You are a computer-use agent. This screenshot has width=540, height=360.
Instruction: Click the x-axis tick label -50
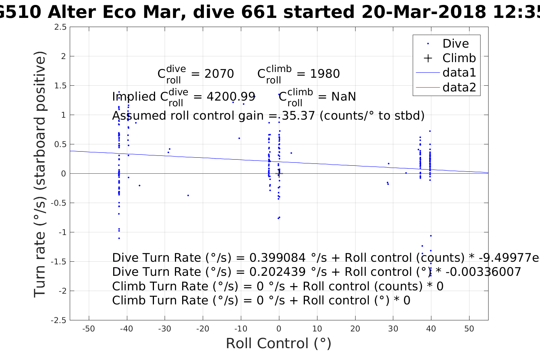[88, 329]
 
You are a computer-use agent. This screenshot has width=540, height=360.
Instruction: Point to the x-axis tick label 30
[393, 329]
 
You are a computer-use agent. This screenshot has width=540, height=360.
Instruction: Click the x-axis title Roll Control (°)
[279, 344]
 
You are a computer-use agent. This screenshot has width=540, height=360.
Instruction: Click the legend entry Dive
[455, 44]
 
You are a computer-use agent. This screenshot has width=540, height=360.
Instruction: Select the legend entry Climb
[459, 58]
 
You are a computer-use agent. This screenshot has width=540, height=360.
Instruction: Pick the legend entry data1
[459, 73]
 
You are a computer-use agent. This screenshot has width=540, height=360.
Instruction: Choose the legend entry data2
[459, 88]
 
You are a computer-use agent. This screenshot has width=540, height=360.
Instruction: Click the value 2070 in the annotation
[219, 74]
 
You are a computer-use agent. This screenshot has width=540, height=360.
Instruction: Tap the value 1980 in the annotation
[325, 74]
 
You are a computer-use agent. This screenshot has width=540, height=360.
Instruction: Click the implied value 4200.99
[231, 97]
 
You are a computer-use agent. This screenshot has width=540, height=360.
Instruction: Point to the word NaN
[343, 97]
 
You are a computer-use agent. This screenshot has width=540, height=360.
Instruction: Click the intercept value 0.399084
[277, 258]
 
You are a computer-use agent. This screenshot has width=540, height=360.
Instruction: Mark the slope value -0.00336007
[478, 272]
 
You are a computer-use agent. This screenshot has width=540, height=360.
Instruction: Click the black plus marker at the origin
[279, 173]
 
